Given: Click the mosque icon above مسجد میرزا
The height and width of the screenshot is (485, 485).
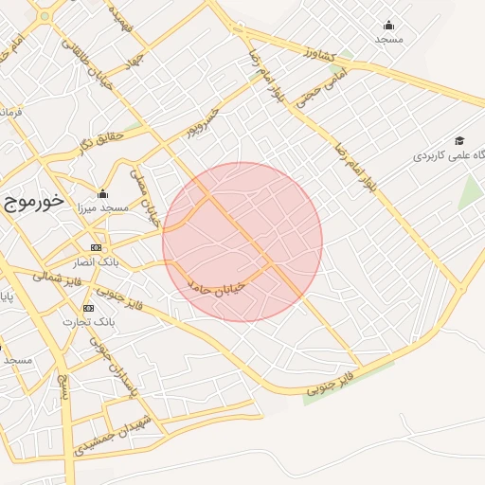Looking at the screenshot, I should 102,194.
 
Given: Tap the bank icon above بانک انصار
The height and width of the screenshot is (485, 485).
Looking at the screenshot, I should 95,247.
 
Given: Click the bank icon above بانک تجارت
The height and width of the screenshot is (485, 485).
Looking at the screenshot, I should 88,308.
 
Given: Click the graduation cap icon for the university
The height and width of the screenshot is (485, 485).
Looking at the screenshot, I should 458,139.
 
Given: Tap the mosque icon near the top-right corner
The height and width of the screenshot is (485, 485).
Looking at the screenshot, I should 388,26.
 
